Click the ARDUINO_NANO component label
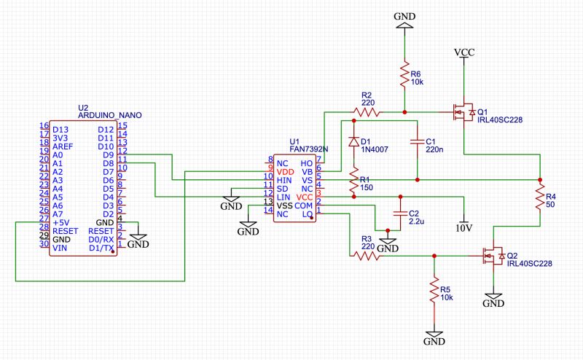pos(110,115)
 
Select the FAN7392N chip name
pos(309,149)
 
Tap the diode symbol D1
pos(354,141)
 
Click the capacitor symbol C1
pos(416,141)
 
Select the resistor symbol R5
pos(434,290)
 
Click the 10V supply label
pos(463,227)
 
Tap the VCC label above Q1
pos(464,52)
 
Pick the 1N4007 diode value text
pos(375,149)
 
